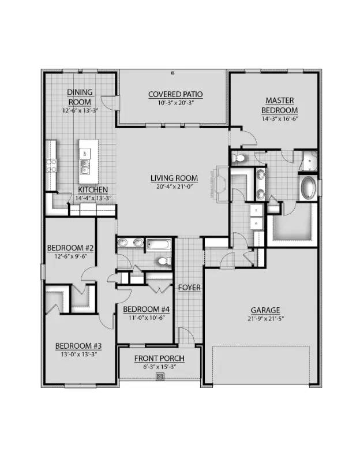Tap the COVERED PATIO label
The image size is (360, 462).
175,94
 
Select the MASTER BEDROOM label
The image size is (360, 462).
279,105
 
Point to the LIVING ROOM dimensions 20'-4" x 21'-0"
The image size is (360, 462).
174,187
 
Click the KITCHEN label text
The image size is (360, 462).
93,189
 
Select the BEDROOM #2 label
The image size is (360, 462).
70,248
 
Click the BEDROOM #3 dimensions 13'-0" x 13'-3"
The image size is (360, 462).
75,354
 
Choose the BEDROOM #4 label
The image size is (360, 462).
147,308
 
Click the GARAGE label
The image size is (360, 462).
265,310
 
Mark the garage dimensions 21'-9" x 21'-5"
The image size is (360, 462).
265,318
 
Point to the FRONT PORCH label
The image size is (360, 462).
159,358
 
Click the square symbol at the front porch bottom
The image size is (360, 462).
160,377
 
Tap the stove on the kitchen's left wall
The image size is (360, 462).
51,166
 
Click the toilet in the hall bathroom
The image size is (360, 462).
164,262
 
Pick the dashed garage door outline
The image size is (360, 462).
261,364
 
